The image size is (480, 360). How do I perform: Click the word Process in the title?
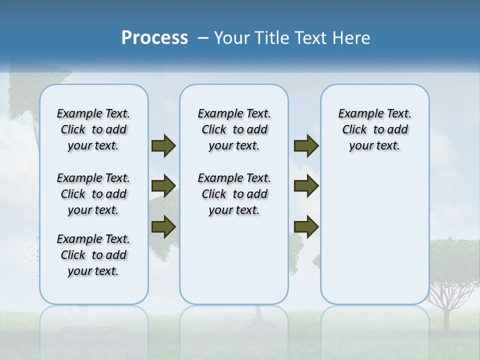(154, 37)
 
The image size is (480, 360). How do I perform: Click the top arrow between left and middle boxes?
(163, 146)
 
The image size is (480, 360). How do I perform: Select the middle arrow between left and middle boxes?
(163, 186)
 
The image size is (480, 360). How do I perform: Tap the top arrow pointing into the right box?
(306, 146)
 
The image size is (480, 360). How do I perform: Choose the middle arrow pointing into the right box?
(306, 186)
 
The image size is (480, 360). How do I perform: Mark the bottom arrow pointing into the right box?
(306, 226)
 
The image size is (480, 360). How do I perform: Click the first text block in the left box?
(93, 129)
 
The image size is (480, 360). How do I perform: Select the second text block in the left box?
(93, 194)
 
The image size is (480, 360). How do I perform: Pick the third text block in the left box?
(93, 255)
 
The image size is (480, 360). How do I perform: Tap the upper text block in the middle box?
(234, 129)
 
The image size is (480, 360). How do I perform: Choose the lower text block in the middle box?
(234, 194)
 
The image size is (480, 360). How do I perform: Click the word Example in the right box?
(356, 114)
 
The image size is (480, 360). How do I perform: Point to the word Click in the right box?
(354, 130)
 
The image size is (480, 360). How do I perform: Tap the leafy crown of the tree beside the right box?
(455, 257)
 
